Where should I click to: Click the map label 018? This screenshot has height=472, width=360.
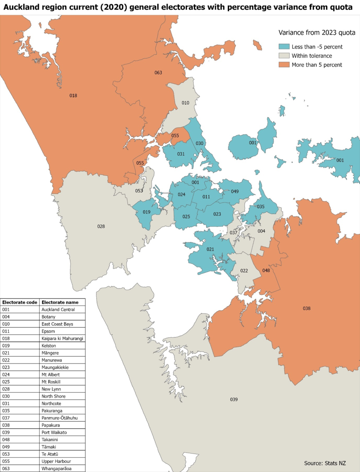point(73,96)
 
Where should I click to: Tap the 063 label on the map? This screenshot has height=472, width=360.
point(158,72)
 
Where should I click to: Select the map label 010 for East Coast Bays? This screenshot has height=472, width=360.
point(185,103)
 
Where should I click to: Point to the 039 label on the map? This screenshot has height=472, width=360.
point(234,399)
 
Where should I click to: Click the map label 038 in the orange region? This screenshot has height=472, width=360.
point(306,308)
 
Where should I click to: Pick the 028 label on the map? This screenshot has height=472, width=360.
point(101,226)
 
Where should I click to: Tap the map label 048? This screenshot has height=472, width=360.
point(266,270)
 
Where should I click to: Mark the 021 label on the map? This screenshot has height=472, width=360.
point(210,249)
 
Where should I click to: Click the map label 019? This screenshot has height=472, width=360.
point(147,212)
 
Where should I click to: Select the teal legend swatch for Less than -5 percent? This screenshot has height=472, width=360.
point(284,47)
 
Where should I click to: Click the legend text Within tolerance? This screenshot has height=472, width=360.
point(312,56)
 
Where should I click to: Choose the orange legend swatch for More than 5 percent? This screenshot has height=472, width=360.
point(284,65)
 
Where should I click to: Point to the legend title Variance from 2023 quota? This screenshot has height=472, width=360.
point(317,33)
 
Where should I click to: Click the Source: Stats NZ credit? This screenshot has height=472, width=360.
point(325,463)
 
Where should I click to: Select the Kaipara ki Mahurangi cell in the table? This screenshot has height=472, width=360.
point(62,338)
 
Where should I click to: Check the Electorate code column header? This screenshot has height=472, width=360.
point(20,302)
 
